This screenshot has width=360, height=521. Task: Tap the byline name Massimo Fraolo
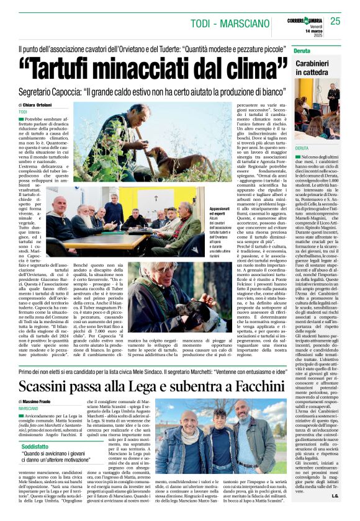point(48,385)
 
